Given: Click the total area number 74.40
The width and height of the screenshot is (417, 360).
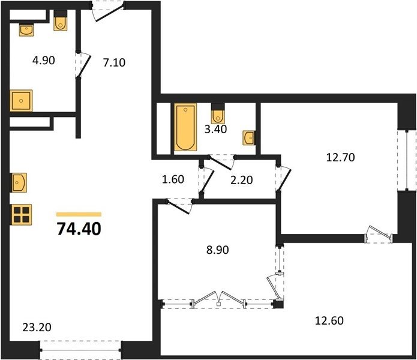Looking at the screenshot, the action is (x=79, y=229).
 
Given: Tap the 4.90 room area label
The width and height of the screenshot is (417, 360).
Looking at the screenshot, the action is (x=44, y=61).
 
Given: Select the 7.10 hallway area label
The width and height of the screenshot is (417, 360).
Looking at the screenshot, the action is (x=115, y=63).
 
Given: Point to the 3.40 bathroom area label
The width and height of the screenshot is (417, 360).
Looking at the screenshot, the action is (x=215, y=129).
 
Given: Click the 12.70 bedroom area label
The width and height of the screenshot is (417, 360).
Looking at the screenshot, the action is (x=340, y=157).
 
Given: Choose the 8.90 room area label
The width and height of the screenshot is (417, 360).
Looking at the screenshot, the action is (x=218, y=250).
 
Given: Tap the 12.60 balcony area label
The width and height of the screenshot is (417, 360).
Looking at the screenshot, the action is (x=329, y=320).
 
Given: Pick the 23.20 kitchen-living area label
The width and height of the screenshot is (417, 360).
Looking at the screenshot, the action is (x=37, y=327).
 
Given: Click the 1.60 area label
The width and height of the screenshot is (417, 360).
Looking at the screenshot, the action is (x=173, y=179).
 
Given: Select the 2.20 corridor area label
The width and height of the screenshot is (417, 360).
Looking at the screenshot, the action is (x=241, y=180).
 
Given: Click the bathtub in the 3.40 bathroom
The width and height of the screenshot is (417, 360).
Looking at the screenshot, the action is (x=185, y=127).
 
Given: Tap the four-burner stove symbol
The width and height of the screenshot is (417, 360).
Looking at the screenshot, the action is (x=21, y=215).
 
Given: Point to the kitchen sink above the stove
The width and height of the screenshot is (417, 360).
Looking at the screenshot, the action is (x=19, y=182).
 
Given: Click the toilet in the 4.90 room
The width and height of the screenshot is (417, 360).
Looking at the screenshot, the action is (x=61, y=21).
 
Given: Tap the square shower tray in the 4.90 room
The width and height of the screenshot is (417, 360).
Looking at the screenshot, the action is (x=21, y=101).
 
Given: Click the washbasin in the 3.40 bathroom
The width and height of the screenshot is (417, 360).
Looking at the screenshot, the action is (x=249, y=138).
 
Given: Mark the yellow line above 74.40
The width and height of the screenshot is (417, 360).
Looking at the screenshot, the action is (x=79, y=214).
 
